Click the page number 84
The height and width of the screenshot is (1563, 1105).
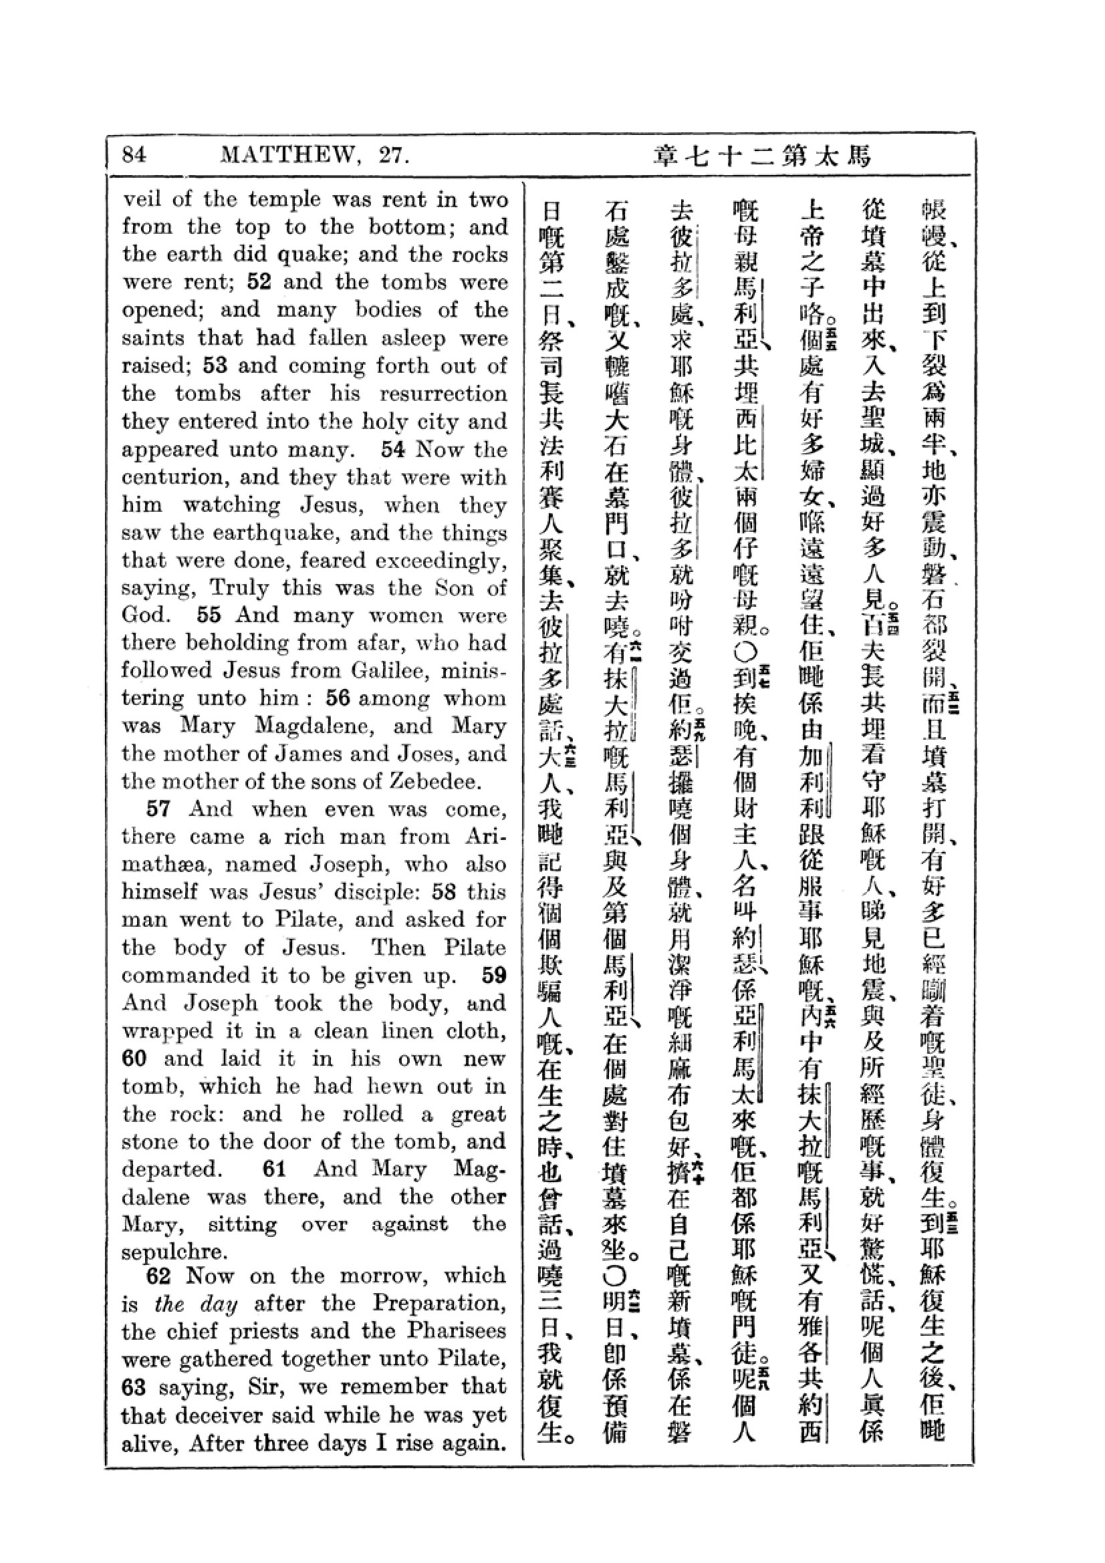[x=134, y=155]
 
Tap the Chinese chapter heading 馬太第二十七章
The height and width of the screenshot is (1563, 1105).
[x=762, y=156]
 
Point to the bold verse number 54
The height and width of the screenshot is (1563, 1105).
[x=394, y=449]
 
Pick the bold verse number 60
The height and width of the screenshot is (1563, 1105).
[x=136, y=1058]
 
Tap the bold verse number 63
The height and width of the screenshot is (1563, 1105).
[x=136, y=1387]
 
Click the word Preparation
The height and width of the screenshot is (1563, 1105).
[x=439, y=1303]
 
